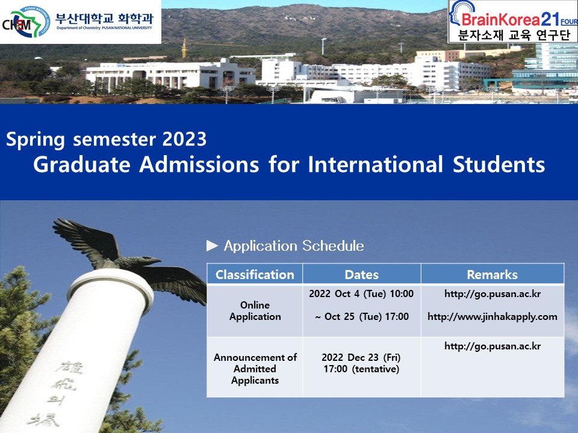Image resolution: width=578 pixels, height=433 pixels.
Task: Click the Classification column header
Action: (255, 275)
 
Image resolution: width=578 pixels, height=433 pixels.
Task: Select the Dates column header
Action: (361, 275)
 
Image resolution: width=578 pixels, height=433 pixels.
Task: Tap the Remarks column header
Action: (492, 275)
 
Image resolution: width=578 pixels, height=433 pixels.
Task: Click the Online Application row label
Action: (255, 311)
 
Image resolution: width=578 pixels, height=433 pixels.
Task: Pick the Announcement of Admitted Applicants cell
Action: (255, 369)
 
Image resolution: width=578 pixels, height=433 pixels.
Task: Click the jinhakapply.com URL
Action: (492, 317)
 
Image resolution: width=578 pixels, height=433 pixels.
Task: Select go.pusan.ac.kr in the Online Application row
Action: (492, 294)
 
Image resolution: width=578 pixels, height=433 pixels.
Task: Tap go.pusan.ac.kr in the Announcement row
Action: (492, 346)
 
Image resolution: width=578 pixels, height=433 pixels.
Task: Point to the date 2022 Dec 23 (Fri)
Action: (361, 357)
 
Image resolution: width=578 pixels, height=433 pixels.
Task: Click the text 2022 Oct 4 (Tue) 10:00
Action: (361, 294)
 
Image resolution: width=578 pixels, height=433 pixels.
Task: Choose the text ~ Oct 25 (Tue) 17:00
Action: (361, 317)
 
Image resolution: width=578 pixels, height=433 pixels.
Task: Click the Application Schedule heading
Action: (293, 246)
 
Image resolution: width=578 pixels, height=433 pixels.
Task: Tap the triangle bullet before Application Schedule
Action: (212, 245)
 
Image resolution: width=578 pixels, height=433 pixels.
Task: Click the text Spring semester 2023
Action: (107, 140)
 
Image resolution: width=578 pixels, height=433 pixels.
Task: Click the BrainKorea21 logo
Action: (512, 21)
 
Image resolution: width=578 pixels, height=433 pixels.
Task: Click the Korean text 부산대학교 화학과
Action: (104, 17)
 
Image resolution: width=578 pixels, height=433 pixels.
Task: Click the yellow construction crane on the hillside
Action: (184, 48)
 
